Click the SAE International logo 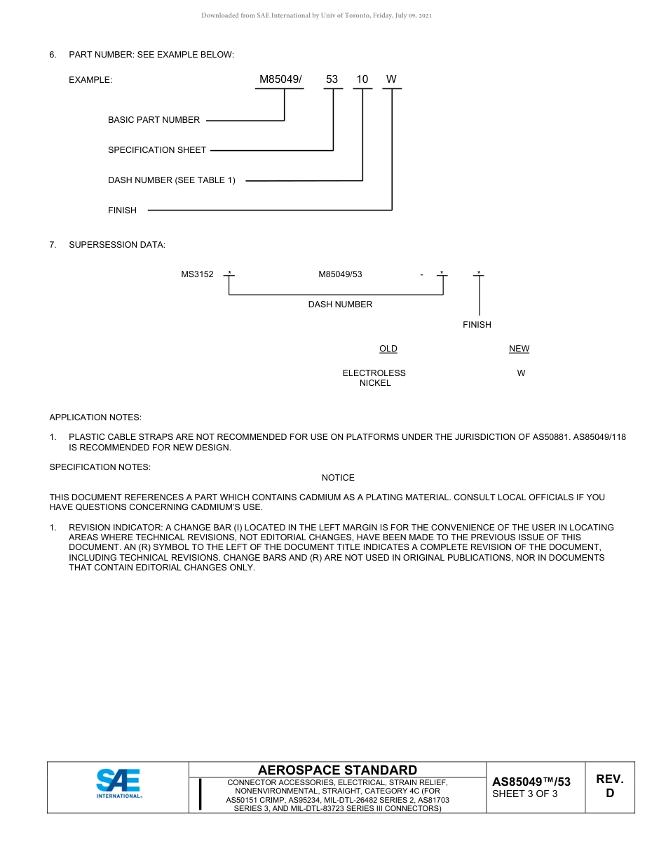118,784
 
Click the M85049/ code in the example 280,79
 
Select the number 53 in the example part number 332,79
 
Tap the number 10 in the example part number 362,79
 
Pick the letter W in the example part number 391,79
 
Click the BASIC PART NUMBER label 154,120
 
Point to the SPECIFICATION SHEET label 157,150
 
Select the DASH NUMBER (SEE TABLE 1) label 172,180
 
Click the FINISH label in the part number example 122,210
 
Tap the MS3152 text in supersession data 197,274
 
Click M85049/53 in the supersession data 340,274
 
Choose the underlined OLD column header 388,349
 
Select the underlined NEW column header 519,349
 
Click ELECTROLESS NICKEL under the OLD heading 374,378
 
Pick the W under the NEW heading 521,373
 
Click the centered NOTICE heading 338,478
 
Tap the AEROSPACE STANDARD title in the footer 337,770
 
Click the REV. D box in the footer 609,786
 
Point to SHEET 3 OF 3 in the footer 525,794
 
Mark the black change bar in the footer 201,794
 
